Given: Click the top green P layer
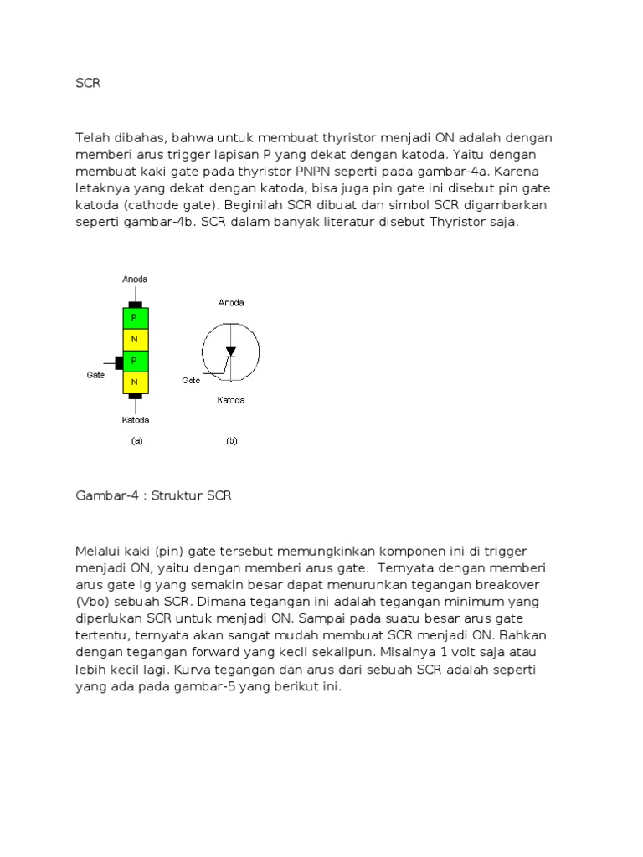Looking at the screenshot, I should [x=135, y=318].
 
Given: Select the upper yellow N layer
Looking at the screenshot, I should [x=135, y=339].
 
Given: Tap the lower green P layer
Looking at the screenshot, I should [x=135, y=361].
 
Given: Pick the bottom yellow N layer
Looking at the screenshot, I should [x=135, y=382].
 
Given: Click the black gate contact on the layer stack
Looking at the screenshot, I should [x=118, y=362].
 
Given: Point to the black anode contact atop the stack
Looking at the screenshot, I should [x=135, y=304].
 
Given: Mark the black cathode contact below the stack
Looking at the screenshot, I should [x=135, y=396].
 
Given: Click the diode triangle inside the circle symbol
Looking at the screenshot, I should [x=231, y=352].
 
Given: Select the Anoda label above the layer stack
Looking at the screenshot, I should [x=135, y=280].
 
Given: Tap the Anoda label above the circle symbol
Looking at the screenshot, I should [x=231, y=303].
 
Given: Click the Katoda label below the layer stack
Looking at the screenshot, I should [x=135, y=419].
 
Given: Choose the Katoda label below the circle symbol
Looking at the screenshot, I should [x=231, y=400].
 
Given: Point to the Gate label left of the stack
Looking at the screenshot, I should [x=95, y=375].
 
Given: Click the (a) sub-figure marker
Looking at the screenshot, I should [x=136, y=441].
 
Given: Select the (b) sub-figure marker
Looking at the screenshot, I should [x=232, y=441].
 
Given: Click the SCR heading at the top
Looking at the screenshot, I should [x=88, y=84].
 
